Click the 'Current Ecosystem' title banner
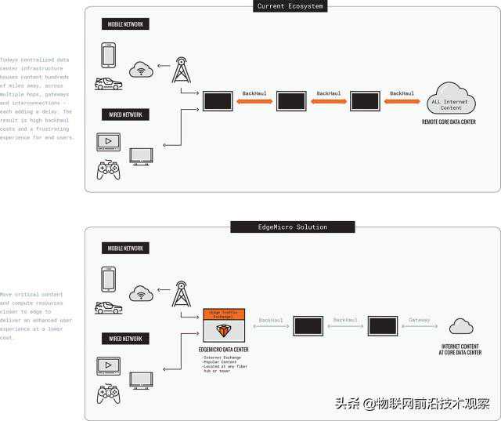point(291,6)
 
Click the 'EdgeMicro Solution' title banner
point(292,227)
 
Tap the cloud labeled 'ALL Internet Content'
point(451,101)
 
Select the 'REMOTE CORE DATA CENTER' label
point(449,122)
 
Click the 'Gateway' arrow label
point(420,320)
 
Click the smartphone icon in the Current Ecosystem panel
point(108,54)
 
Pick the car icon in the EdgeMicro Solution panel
point(108,307)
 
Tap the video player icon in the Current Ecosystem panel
point(108,142)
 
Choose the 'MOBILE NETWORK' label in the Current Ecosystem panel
point(125,24)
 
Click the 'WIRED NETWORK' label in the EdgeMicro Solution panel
point(125,339)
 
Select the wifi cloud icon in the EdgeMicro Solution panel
point(142,294)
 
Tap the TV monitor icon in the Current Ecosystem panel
point(142,156)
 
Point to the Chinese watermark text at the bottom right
point(413,404)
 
